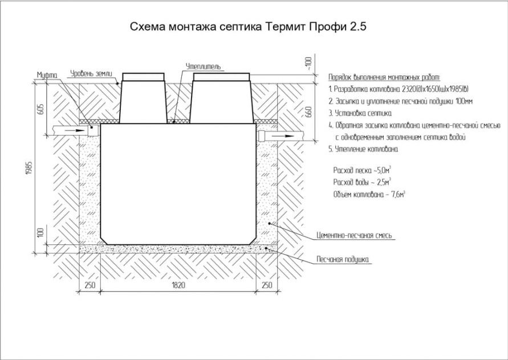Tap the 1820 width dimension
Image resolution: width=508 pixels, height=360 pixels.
click(x=178, y=285)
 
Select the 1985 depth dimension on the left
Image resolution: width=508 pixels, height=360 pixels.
click(x=29, y=167)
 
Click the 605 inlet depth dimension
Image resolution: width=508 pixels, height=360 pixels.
click(x=40, y=109)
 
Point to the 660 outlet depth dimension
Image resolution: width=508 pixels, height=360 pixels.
click(x=308, y=112)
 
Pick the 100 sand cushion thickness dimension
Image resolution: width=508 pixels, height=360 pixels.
click(x=40, y=232)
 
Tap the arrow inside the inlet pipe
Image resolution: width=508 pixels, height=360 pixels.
click(x=74, y=130)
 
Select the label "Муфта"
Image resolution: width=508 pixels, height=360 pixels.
click(x=47, y=75)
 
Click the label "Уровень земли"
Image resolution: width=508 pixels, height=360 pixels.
click(x=91, y=73)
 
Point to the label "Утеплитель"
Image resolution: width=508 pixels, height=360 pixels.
click(x=204, y=67)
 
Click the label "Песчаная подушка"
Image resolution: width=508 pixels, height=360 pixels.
click(x=343, y=260)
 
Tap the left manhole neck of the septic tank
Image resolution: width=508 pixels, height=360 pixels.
click(x=143, y=99)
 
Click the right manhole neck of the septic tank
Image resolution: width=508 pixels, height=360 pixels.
click(x=222, y=99)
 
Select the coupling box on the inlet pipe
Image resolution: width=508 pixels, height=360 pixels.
click(x=94, y=130)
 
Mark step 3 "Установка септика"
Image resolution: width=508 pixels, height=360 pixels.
click(x=360, y=113)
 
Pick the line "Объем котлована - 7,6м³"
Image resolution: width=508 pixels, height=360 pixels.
click(x=369, y=195)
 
